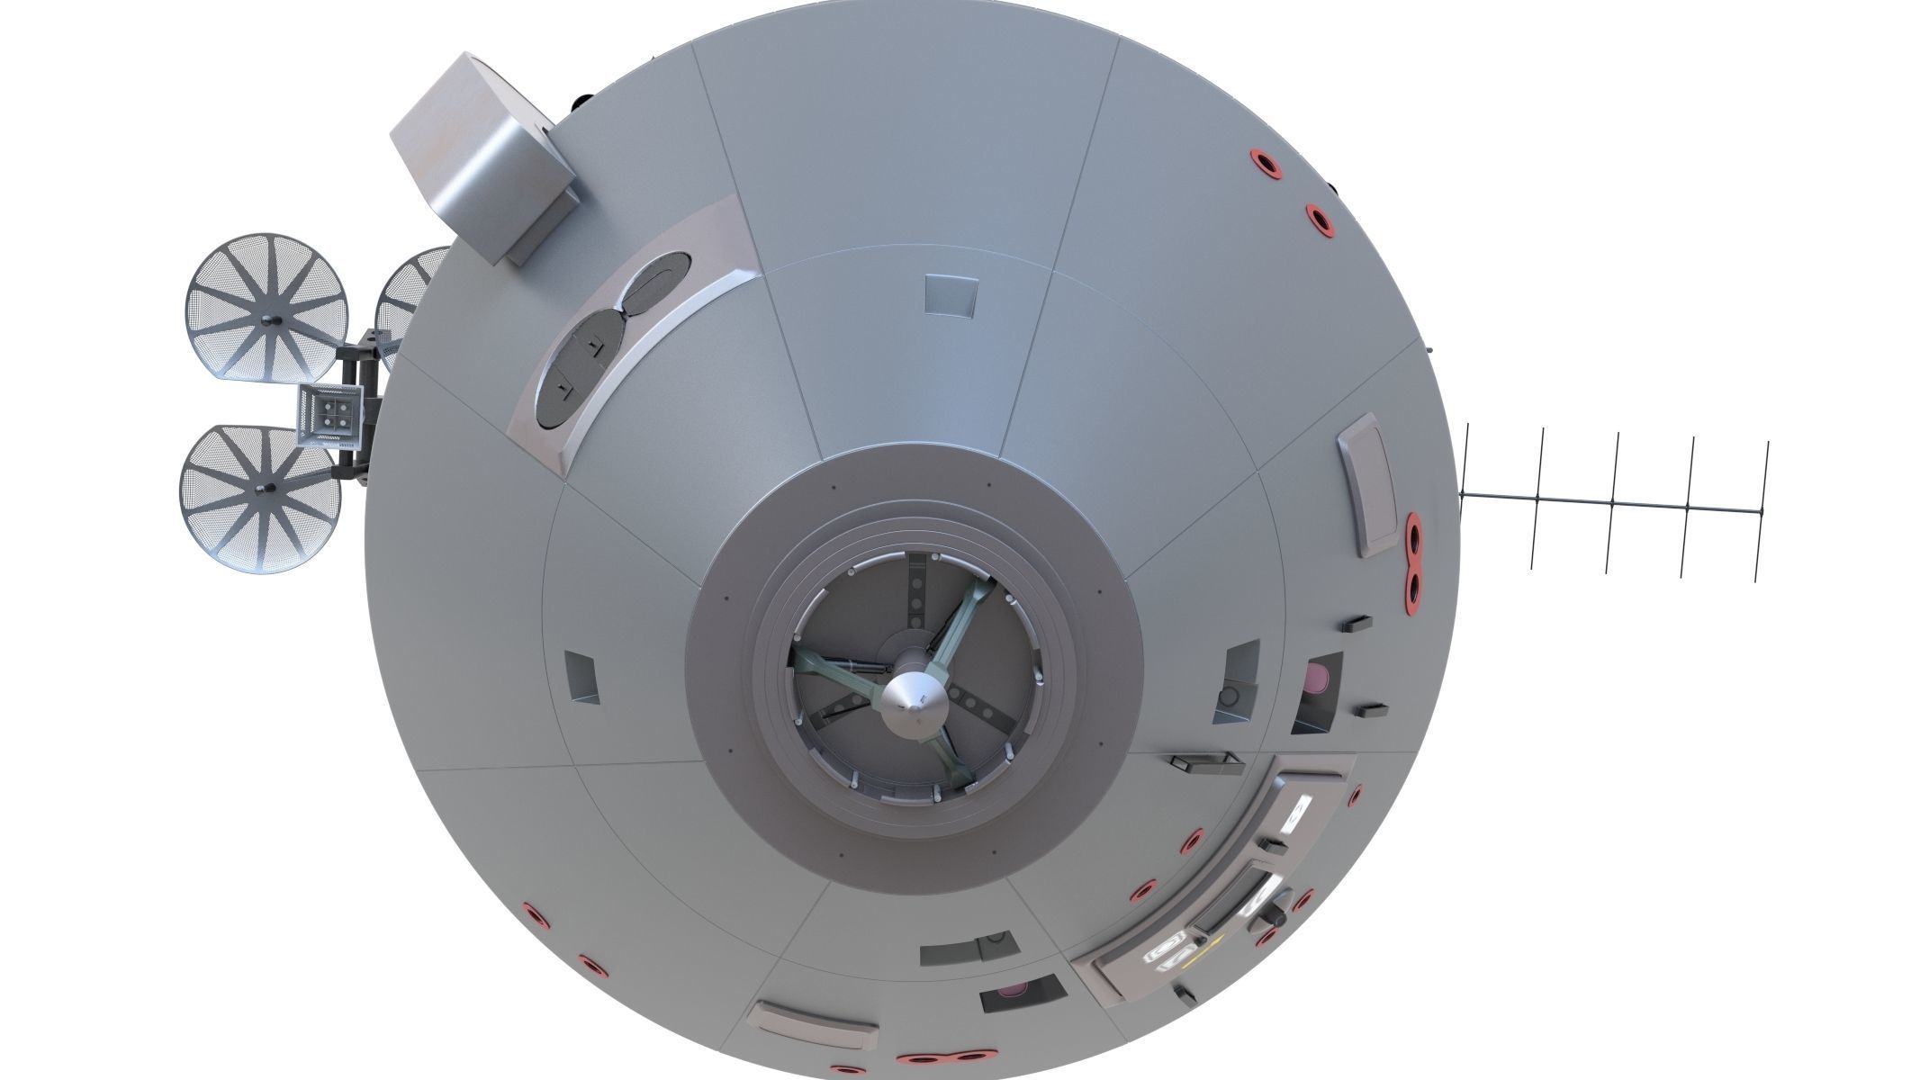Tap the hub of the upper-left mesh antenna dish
tap(271, 322)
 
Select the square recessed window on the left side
tap(581, 677)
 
